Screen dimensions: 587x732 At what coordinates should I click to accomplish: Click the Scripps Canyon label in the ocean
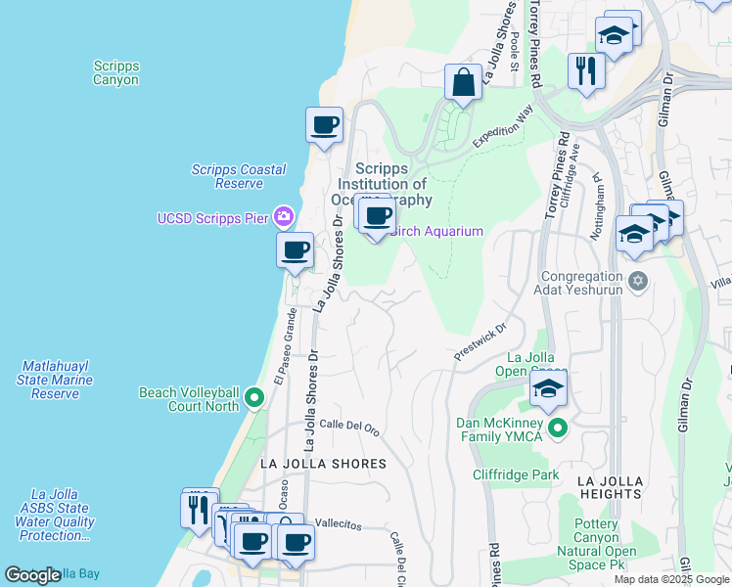(x=116, y=73)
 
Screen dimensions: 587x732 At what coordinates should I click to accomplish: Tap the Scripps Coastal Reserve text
(x=239, y=176)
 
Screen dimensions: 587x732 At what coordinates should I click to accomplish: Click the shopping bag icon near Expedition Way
(x=463, y=82)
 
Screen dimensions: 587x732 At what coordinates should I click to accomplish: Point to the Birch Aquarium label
(x=438, y=231)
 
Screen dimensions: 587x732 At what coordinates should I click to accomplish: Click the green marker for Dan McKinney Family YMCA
(x=558, y=428)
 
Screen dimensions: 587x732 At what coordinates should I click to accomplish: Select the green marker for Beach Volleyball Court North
(x=254, y=398)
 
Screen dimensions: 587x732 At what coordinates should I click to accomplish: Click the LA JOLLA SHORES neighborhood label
(x=323, y=463)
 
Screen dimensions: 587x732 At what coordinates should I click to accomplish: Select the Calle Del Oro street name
(x=349, y=426)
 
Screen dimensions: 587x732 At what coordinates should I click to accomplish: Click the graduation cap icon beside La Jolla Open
(x=549, y=387)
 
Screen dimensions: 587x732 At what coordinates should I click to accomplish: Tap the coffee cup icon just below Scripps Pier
(x=295, y=250)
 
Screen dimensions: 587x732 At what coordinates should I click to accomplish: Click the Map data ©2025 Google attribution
(x=670, y=579)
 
